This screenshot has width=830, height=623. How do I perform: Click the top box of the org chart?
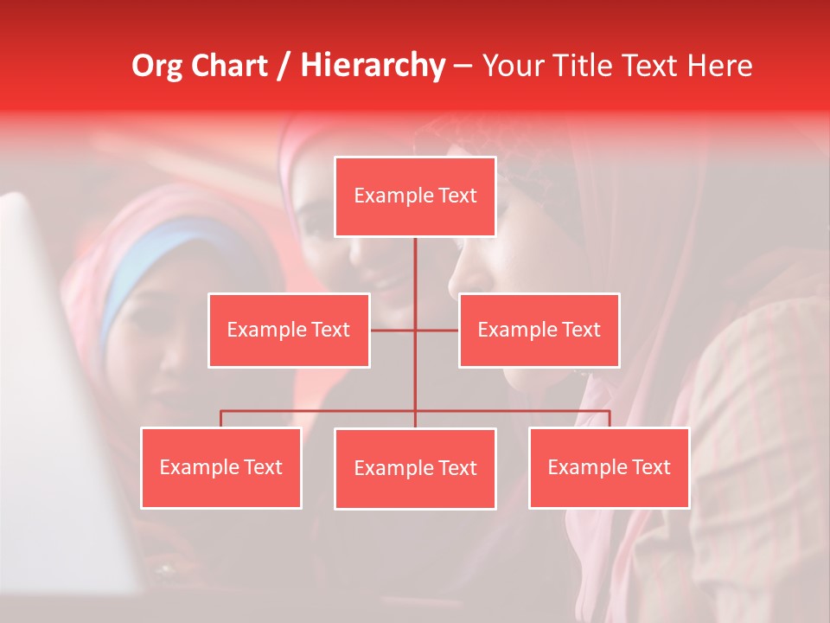415,196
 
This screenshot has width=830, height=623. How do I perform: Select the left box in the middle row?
289,330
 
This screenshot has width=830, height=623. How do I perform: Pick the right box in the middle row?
539,330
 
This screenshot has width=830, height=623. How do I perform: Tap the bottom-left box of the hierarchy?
220,467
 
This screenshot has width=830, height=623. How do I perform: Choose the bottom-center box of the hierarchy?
415,468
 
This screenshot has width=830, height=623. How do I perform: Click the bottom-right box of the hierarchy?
609,467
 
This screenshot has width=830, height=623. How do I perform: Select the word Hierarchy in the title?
372,66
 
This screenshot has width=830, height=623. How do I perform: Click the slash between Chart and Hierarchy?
284,66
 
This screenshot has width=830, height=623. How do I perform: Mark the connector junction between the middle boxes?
415,330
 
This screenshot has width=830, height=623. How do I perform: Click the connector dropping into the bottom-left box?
220,419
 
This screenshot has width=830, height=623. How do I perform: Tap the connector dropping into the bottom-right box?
610,419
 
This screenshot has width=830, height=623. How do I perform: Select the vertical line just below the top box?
415,260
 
